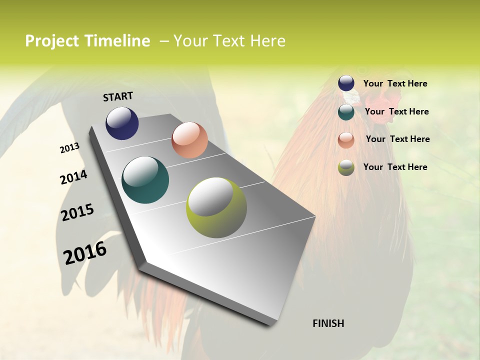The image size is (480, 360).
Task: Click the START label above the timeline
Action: (x=118, y=96)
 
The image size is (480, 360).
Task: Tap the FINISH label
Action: (x=328, y=323)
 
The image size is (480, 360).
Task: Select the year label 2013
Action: (x=70, y=148)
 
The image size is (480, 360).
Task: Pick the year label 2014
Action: (x=73, y=177)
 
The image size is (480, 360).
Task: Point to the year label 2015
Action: (x=77, y=212)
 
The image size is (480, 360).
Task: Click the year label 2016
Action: (x=85, y=252)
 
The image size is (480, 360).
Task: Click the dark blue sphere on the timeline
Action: (x=122, y=123)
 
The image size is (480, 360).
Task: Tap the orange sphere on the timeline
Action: (x=189, y=140)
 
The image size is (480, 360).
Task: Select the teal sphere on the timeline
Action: (x=145, y=180)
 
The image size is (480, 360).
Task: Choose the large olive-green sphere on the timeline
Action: (x=216, y=207)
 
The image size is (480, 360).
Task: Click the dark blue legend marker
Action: (x=346, y=83)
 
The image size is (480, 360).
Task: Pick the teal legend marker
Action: (x=346, y=111)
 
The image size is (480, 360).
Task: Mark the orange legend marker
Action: (x=346, y=139)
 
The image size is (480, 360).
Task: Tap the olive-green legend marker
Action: (x=346, y=167)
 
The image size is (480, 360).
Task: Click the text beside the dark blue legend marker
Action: (x=395, y=83)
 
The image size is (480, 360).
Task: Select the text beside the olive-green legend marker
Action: (x=395, y=167)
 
